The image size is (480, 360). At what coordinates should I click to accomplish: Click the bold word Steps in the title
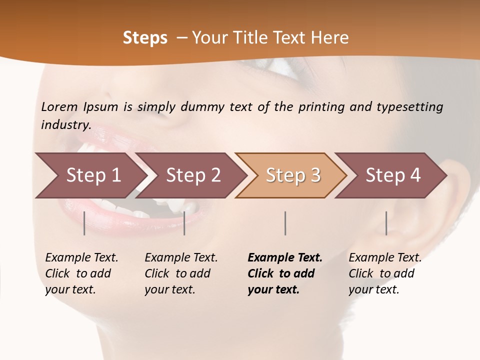click(145, 38)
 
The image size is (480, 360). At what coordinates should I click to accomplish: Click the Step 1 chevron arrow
click(90, 175)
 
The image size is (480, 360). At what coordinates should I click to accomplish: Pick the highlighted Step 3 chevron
click(292, 175)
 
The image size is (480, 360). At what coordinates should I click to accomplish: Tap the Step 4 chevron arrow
click(392, 175)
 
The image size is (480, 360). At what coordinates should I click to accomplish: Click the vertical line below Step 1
click(84, 223)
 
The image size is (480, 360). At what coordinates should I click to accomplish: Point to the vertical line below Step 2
click(184, 223)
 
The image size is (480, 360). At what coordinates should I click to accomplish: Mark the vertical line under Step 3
click(285, 223)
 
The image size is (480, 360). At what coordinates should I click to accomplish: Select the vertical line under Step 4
click(386, 223)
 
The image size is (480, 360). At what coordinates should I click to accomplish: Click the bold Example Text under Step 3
click(285, 273)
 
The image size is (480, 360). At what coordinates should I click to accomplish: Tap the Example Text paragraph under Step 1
click(81, 273)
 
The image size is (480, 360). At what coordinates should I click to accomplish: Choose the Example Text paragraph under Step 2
click(181, 273)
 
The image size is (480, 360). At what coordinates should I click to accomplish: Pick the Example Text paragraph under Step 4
click(385, 273)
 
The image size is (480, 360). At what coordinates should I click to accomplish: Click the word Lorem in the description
click(59, 106)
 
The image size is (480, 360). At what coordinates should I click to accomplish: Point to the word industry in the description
click(66, 125)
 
